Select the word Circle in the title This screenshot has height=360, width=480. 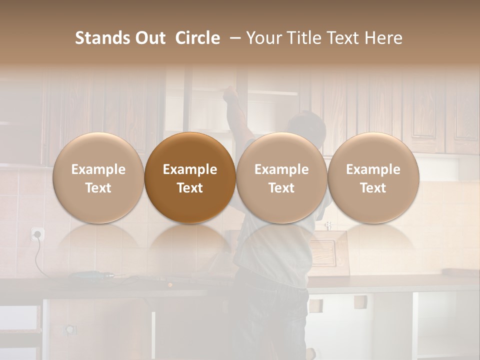tap(197, 38)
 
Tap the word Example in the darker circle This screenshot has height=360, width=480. tap(190, 169)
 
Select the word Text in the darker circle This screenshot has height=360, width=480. tap(190, 188)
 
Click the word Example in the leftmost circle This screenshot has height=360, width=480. tap(98, 169)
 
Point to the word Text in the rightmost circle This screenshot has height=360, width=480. tap(373, 188)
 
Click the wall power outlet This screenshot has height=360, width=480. tap(37, 233)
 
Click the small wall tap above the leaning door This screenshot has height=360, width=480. tap(328, 225)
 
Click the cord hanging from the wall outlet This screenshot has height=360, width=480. tap(36, 257)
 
